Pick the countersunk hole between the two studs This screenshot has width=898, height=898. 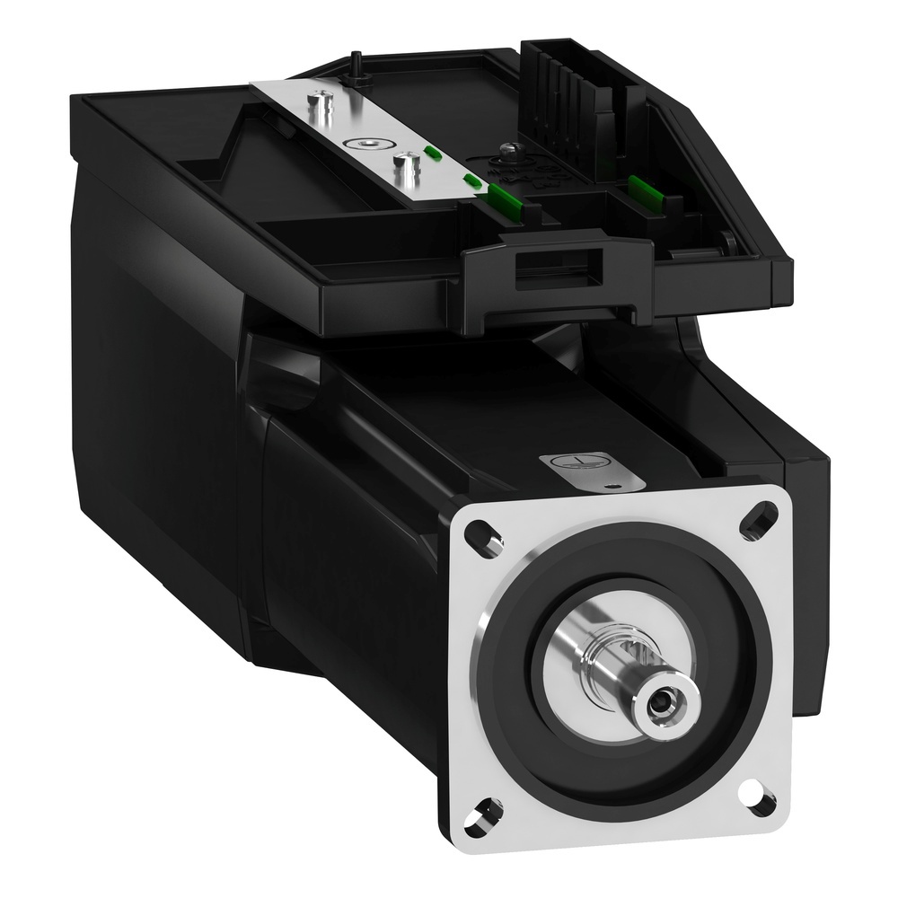(366, 143)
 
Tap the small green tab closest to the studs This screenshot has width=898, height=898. (432, 152)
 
